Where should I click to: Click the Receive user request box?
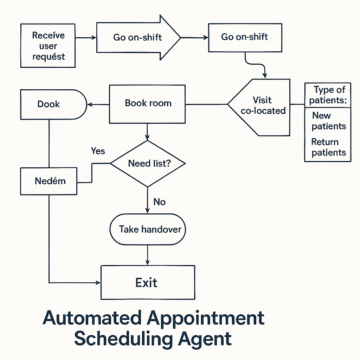[48, 46]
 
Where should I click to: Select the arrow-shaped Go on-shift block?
[137, 37]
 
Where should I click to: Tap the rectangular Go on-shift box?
[245, 37]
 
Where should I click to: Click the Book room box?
[147, 104]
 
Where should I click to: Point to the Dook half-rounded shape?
[49, 104]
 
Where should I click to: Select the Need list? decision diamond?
[148, 163]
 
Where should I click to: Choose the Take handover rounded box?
[148, 230]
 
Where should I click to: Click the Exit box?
[148, 282]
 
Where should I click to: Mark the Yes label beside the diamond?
[98, 151]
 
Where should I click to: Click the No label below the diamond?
[159, 202]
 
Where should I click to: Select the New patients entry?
[328, 121]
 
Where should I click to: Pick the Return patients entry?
[328, 147]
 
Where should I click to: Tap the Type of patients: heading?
[328, 95]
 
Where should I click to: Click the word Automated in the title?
[92, 319]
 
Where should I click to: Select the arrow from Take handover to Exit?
[148, 255]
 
